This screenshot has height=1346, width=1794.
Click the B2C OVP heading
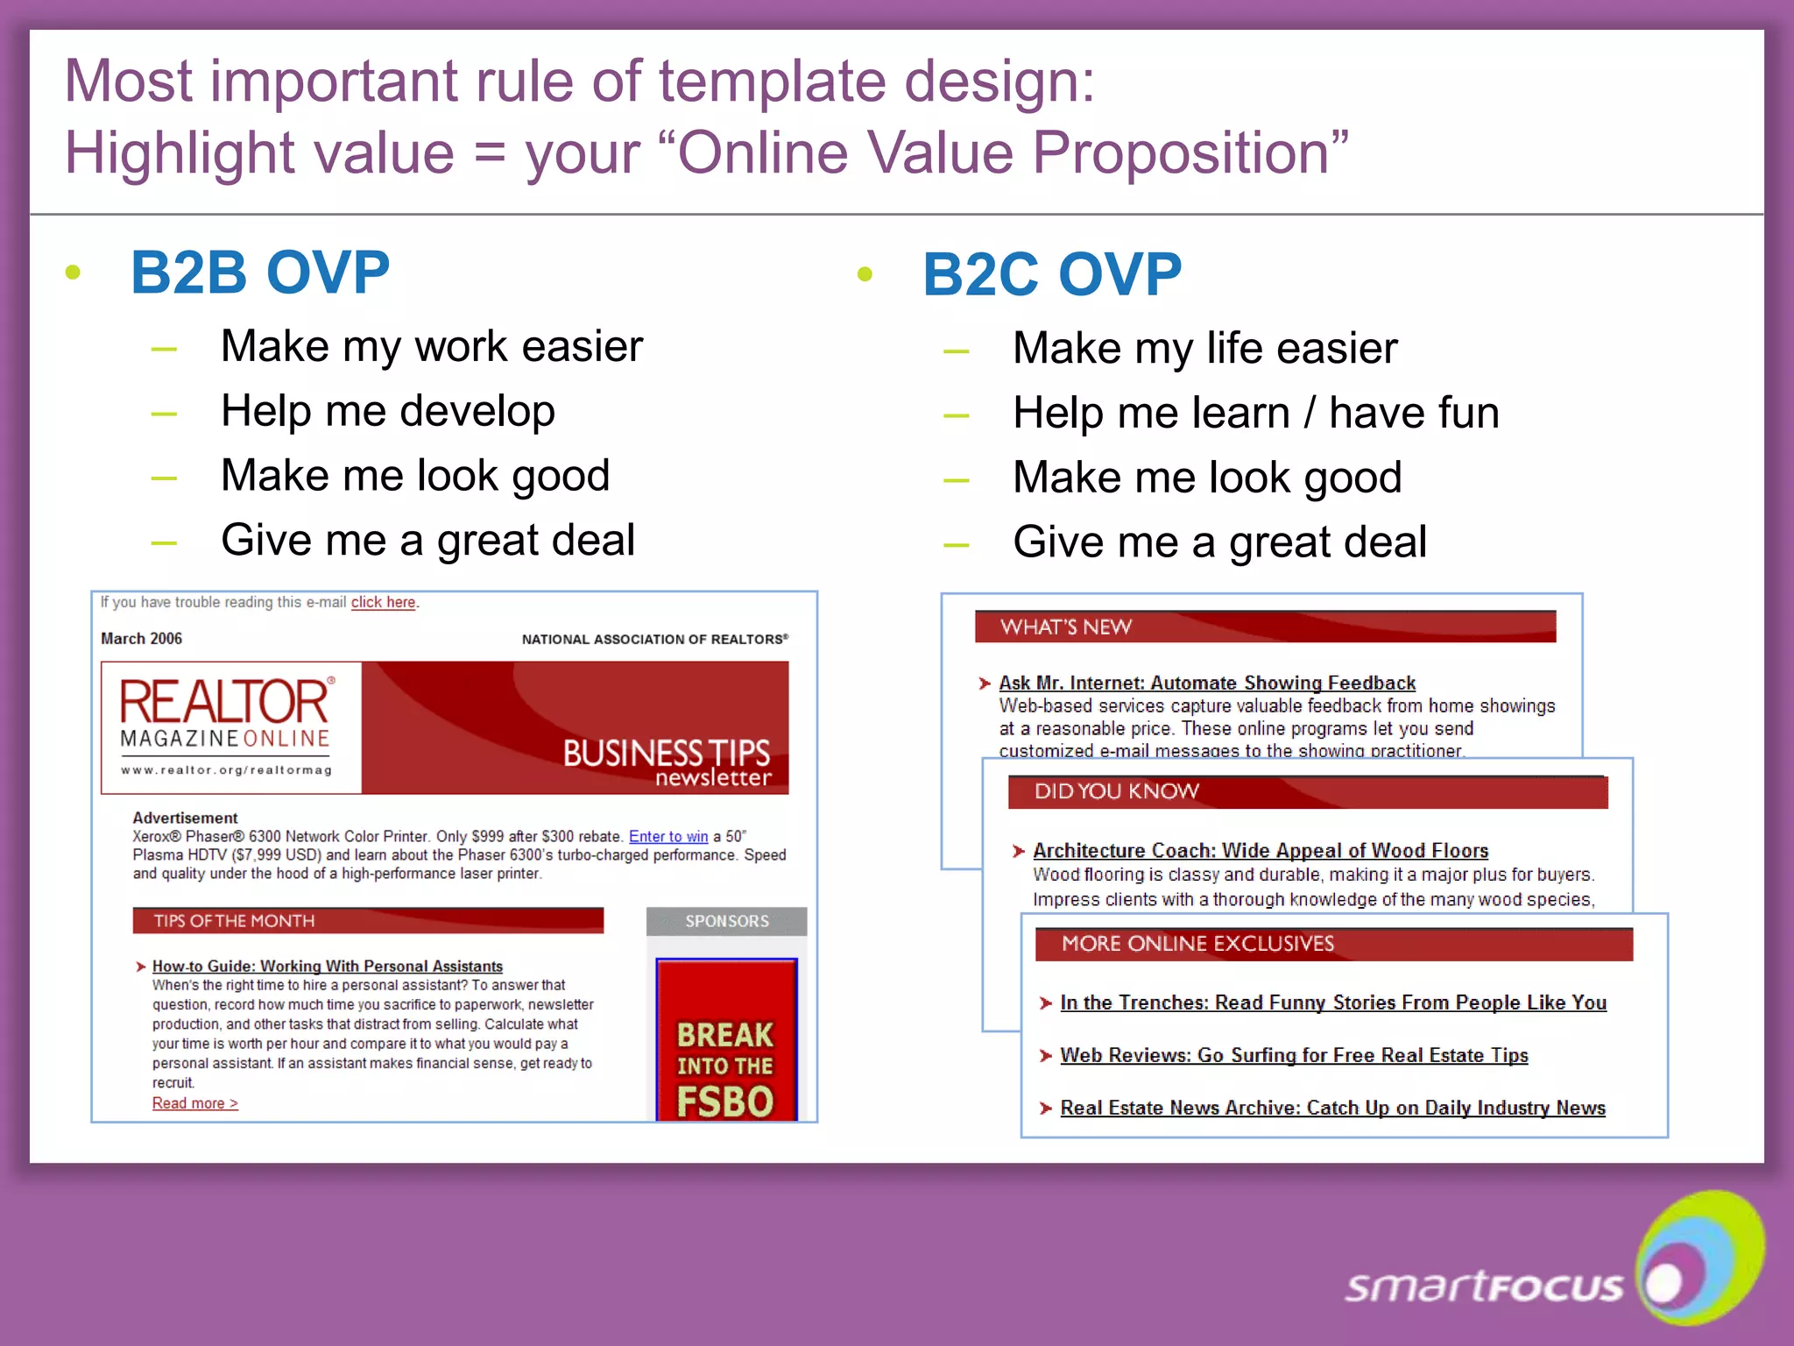click(x=1052, y=275)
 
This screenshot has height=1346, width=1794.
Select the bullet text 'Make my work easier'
click(x=432, y=346)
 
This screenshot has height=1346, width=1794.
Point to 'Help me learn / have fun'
click(x=1255, y=413)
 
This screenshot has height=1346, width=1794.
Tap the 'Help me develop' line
click(x=387, y=411)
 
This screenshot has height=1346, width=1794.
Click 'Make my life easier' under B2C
click(x=1204, y=348)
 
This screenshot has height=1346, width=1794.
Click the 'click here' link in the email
click(x=383, y=603)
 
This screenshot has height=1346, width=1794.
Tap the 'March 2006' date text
click(x=141, y=639)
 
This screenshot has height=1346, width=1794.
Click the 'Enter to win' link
click(x=667, y=837)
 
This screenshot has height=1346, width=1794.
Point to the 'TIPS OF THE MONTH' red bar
click(x=368, y=921)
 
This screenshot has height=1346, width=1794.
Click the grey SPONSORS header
click(x=726, y=922)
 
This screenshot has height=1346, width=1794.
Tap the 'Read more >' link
click(x=194, y=1103)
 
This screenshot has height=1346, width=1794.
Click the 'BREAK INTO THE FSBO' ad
click(x=725, y=1043)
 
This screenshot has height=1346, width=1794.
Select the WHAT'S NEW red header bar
click(x=1264, y=627)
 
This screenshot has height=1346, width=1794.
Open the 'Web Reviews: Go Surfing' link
click(x=1293, y=1056)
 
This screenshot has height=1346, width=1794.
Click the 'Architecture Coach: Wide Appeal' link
click(x=1260, y=851)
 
